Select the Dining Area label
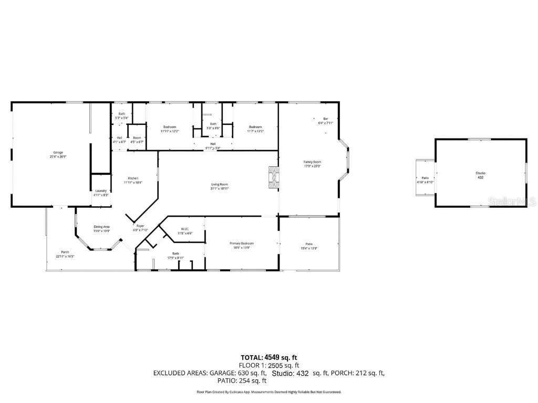[101, 228]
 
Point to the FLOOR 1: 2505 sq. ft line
[269, 365]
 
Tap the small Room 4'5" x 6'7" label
[137, 139]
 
